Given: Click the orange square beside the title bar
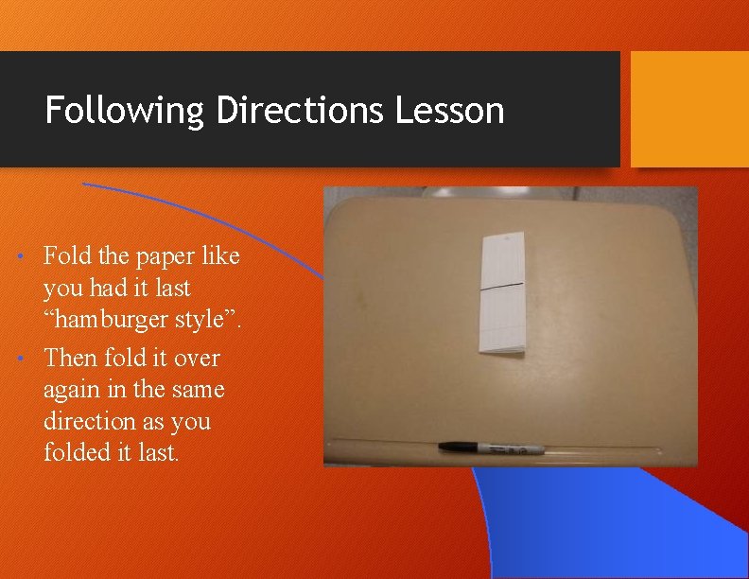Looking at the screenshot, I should coord(689,109).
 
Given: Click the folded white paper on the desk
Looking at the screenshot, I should coord(502,293).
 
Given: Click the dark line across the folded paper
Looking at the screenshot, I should coord(502,285).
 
